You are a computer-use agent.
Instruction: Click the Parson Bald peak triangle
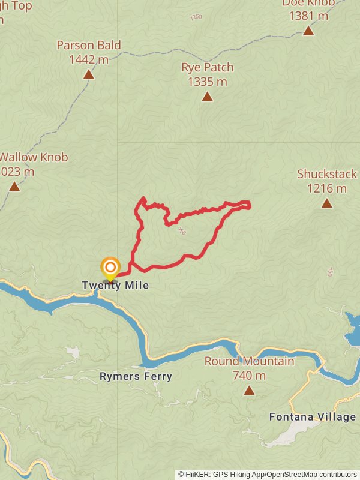point(89,74)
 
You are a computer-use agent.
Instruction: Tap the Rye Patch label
point(207,67)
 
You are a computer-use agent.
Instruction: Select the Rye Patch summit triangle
point(207,97)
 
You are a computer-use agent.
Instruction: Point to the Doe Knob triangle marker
point(308,31)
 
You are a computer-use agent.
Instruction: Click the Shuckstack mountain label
point(327,174)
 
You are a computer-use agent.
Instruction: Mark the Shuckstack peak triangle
point(327,203)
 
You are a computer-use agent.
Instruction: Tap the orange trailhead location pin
point(110,268)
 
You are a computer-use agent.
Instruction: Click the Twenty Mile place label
point(115,286)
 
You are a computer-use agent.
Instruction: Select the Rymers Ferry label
point(136,377)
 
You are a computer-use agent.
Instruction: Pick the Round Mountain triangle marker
point(249,391)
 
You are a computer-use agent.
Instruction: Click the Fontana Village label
point(312,416)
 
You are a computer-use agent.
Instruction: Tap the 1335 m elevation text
point(207,81)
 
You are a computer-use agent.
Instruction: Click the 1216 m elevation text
point(327,188)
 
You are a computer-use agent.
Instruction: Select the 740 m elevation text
point(249,376)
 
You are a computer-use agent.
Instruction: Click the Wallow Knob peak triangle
point(14,187)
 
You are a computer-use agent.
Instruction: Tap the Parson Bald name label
point(89,45)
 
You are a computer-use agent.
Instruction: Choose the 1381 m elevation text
point(308,16)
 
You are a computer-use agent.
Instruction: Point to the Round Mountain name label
point(249,361)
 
